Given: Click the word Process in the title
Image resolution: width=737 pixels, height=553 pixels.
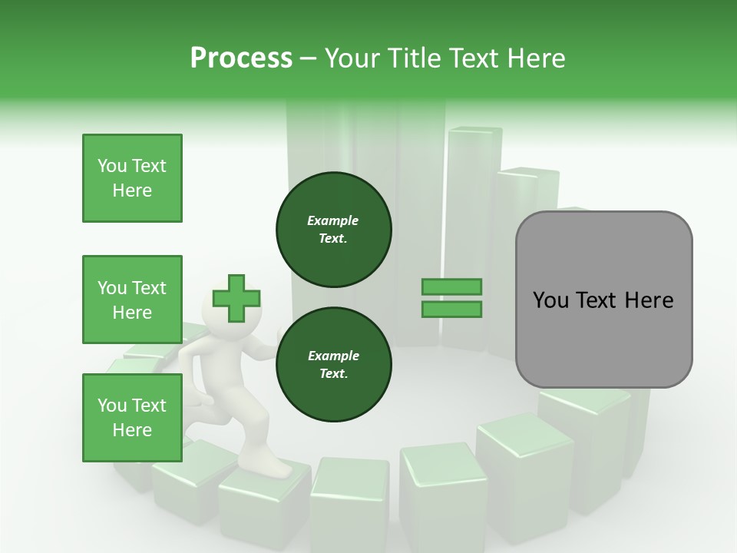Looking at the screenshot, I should tap(241, 58).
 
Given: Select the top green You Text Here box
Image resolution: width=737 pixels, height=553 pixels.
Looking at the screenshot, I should tap(132, 178).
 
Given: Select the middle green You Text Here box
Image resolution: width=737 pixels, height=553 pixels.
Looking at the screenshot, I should tap(132, 300).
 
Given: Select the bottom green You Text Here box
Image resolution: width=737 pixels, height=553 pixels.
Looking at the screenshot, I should tap(132, 417).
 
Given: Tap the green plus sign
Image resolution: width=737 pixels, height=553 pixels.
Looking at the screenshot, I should tap(236, 298).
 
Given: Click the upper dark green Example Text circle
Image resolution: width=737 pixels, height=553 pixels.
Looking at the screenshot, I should tap(333, 229).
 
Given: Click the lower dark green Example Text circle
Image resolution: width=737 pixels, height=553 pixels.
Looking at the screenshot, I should tap(333, 364).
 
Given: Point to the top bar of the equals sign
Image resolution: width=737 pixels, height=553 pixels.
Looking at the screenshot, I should tap(451, 287).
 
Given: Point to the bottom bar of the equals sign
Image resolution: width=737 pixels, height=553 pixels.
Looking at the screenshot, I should tap(451, 309).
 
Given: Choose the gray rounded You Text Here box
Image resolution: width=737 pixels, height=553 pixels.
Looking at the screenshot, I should tap(603, 299).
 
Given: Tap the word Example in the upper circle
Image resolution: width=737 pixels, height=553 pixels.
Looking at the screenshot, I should tap(333, 220).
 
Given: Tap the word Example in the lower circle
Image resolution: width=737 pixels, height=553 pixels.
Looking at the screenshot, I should tap(333, 356).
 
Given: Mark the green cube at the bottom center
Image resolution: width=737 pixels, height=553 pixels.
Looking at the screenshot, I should tap(349, 503).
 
